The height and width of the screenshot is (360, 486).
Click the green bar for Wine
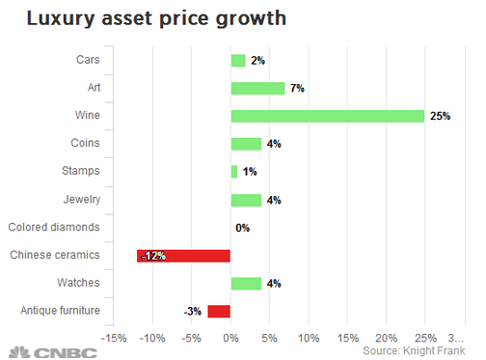[x=328, y=116]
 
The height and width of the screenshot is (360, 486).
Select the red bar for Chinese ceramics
[x=183, y=256]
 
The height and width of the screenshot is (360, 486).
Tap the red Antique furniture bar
[x=219, y=312]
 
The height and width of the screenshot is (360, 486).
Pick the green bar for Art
[x=257, y=89]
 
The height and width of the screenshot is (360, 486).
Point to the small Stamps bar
[x=234, y=172]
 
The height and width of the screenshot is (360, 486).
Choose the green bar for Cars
[x=238, y=61]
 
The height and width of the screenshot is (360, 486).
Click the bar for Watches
[x=246, y=284]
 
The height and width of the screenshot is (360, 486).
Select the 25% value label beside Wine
[x=440, y=116]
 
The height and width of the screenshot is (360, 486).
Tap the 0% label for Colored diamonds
[x=242, y=228]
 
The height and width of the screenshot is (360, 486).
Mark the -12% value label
[x=153, y=256]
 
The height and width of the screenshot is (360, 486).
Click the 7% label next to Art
[x=297, y=88]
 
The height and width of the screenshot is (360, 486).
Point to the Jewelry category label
[x=82, y=200]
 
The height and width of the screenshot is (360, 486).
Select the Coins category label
[x=85, y=143]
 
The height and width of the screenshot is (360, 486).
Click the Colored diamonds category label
[x=54, y=227]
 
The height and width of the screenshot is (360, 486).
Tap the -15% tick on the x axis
[x=114, y=339]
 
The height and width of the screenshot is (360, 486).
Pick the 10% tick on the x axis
[x=309, y=339]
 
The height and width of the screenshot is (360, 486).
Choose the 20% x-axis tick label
[x=387, y=339]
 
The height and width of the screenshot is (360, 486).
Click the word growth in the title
[x=251, y=19]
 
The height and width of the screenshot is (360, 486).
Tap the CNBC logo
[x=53, y=353]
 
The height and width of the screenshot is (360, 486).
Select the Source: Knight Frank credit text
[x=414, y=351]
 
